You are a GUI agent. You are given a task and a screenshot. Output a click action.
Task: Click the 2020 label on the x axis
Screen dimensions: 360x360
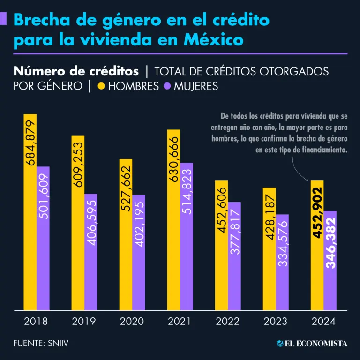pos(132,322)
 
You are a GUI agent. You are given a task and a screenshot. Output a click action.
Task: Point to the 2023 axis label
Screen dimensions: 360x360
pos(276,322)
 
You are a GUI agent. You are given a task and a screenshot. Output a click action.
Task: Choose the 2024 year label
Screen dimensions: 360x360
pos(323,322)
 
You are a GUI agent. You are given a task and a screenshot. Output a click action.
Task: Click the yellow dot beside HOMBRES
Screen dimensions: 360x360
pos(101,87)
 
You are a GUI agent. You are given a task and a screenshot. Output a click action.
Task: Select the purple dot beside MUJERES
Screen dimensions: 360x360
pos(167,87)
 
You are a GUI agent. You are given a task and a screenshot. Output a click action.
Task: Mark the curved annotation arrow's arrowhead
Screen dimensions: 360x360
pos(307,180)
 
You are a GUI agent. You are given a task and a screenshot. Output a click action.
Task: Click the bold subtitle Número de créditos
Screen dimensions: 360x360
pos(76,71)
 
